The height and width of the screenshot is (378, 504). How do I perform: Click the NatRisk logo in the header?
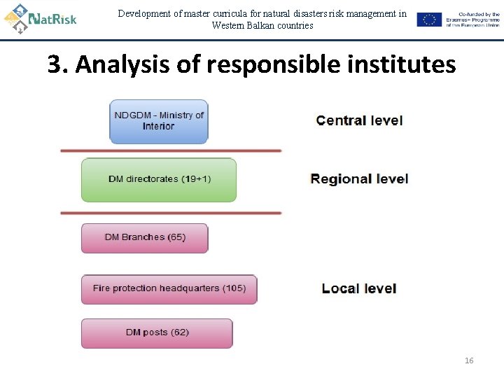pos(40,19)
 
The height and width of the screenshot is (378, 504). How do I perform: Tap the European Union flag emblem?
pos(429,20)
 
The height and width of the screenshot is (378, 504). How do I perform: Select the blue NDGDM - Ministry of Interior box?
pos(159,121)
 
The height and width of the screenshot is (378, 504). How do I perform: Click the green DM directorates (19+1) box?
pos(159,179)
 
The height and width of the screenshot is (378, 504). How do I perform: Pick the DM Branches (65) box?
pos(145,237)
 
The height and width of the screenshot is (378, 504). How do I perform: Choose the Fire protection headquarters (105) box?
pos(169,288)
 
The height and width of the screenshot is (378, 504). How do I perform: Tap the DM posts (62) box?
pos(157,332)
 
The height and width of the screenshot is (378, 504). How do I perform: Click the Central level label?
pos(359,120)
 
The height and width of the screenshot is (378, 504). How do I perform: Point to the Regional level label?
pos(359,179)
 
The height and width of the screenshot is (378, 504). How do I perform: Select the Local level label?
pos(359,288)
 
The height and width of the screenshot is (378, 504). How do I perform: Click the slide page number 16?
pos(469,360)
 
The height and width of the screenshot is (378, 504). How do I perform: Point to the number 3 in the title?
pos(54,65)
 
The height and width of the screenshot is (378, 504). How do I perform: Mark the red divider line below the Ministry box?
pos(171,150)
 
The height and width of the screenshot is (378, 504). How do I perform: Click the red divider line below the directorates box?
pos(171,213)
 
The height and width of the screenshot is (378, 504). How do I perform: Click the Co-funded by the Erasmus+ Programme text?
pos(474,20)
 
